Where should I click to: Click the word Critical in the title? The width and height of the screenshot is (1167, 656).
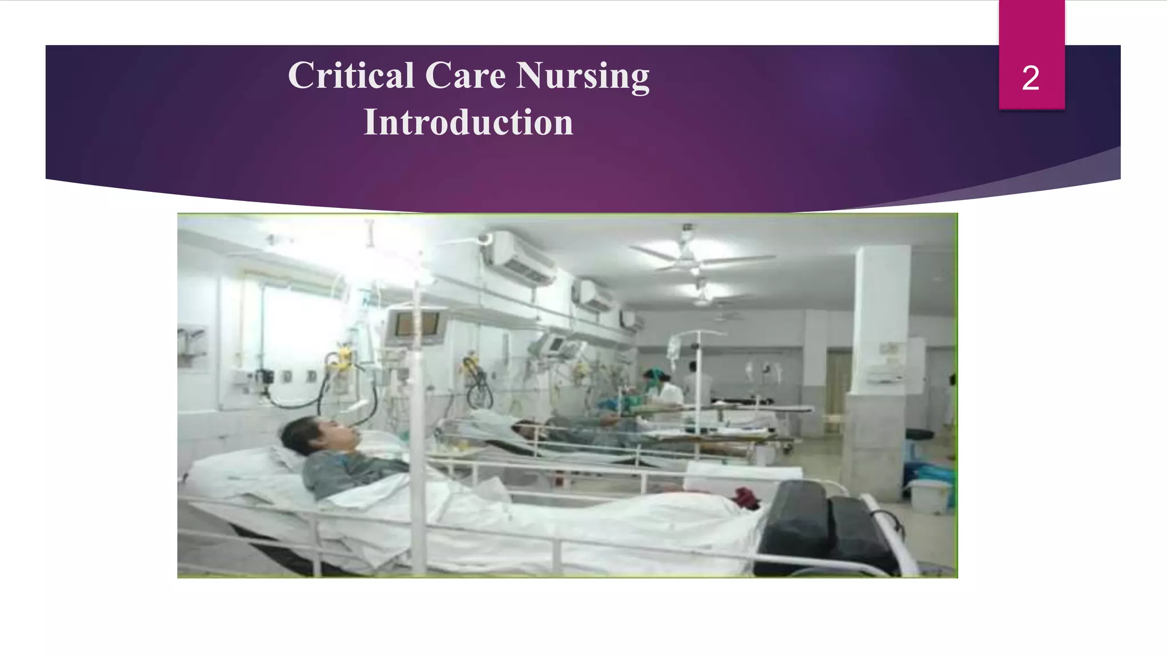click(350, 76)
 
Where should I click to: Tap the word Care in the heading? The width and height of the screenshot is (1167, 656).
click(465, 76)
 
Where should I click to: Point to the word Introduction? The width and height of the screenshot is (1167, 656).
click(468, 122)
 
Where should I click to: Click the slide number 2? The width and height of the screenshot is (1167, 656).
click(1030, 78)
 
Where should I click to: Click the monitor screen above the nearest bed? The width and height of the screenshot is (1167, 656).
click(418, 325)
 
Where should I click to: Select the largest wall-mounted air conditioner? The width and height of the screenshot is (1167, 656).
click(519, 259)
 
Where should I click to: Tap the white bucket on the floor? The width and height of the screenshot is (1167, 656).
click(927, 496)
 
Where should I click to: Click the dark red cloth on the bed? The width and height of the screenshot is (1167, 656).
click(746, 498)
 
